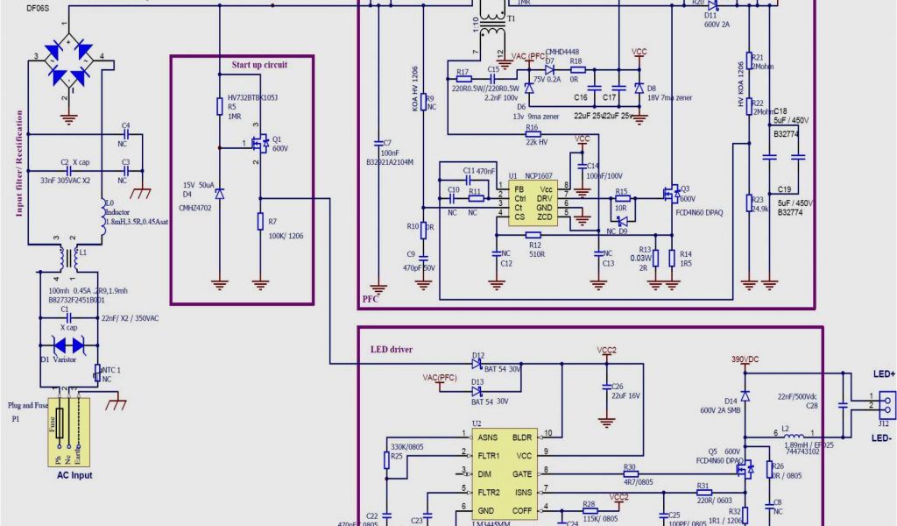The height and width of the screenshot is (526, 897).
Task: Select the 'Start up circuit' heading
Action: point(259,65)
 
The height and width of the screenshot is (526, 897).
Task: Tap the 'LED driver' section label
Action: point(391,350)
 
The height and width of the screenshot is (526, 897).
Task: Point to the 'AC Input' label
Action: point(69,476)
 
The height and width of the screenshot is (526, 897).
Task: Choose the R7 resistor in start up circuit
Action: point(260,221)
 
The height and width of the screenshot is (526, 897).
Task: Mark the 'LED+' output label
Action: point(882,374)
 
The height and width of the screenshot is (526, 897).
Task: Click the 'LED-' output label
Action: point(882,437)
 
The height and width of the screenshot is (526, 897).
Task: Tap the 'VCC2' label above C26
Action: point(606,350)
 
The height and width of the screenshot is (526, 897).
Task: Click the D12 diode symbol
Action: point(477,365)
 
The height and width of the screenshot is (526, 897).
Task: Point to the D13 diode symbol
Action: point(477,391)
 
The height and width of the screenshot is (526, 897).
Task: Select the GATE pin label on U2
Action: point(522,473)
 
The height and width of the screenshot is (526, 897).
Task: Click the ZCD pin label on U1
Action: point(545,216)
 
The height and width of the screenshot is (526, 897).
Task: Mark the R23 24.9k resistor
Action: point(749,203)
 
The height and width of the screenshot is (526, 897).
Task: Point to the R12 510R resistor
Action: point(533,234)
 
